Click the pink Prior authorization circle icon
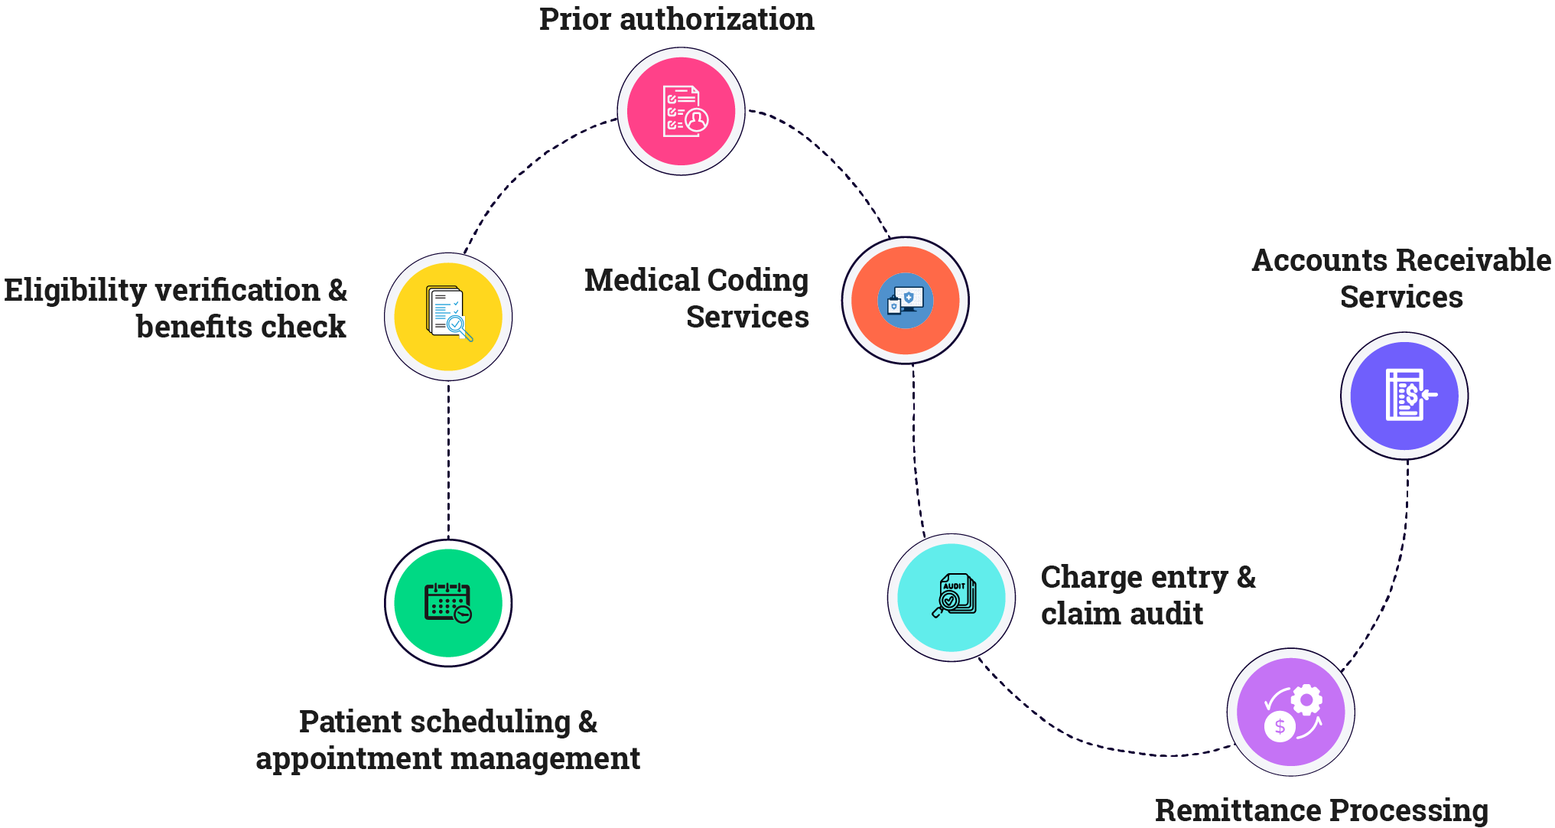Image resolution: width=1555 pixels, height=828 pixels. click(681, 112)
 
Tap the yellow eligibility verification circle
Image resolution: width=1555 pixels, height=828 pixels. click(448, 316)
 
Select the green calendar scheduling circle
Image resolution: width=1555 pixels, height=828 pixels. click(448, 603)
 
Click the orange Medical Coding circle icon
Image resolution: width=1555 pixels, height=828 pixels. click(906, 300)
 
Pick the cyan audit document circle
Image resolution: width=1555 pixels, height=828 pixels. click(952, 597)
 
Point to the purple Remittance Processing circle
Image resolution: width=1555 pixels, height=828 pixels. click(1291, 712)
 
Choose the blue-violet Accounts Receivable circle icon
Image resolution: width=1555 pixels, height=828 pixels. click(1404, 396)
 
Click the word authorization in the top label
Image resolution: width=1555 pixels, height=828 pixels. click(717, 19)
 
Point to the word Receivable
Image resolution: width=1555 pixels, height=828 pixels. click(1474, 261)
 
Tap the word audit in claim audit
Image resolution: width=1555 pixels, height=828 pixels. click(1166, 614)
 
